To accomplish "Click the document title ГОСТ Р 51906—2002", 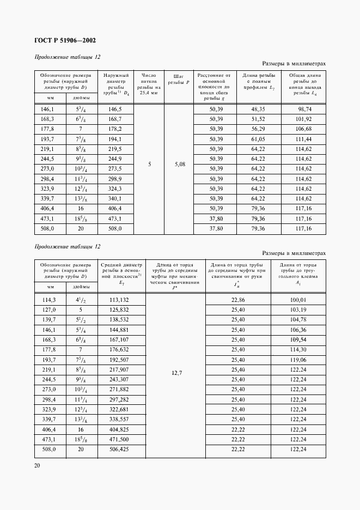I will tap(65, 40).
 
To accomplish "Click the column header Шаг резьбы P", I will tap(179, 79).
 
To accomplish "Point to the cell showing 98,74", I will tap(303, 110).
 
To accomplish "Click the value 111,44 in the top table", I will tap(303, 139).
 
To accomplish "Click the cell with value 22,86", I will tap(240, 300).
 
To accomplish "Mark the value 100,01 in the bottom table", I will tap(297, 300).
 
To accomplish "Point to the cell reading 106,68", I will tap(303, 130).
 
